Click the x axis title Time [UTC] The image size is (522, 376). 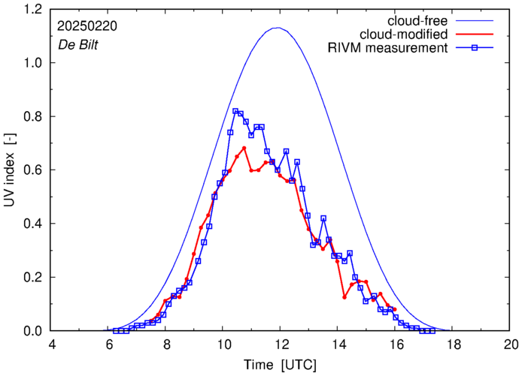281,364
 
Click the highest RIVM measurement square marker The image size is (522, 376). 235,111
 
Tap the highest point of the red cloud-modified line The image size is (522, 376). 244,148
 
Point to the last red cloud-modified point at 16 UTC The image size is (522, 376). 395,309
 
